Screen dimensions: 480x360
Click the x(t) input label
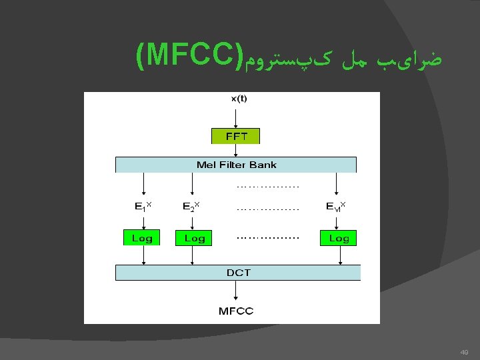(238, 99)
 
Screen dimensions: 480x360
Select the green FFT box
(235, 136)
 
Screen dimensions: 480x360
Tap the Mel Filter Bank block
(236, 165)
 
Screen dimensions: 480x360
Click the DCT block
(238, 272)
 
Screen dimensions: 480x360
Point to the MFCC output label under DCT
(236, 311)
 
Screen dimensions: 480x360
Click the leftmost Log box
(142, 238)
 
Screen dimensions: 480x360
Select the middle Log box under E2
(194, 238)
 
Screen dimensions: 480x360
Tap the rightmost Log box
(338, 238)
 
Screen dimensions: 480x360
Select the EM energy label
(335, 206)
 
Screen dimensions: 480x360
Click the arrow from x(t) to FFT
(235, 116)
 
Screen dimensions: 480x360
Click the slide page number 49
(464, 353)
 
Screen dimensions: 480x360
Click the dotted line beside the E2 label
(267, 209)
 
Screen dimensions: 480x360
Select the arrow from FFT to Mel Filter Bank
(235, 151)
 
